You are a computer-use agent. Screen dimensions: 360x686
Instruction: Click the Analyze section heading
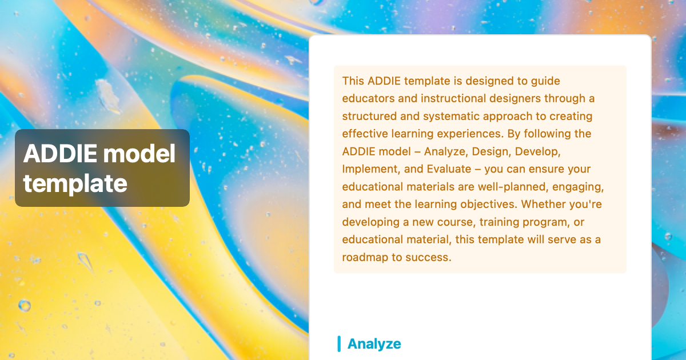(374, 343)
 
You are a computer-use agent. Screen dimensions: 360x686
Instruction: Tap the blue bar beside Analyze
(339, 343)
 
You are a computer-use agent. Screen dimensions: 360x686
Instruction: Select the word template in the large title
(75, 183)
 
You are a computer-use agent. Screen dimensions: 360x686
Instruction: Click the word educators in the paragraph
(366, 98)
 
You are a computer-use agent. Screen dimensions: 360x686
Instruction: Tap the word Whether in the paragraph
(543, 205)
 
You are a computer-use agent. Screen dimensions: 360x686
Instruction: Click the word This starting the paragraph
(353, 81)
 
